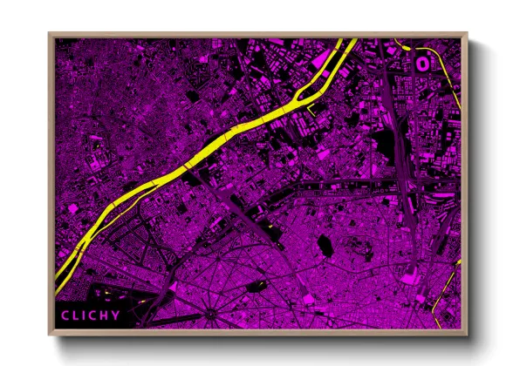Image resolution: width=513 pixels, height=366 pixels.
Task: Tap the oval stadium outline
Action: coord(422,62)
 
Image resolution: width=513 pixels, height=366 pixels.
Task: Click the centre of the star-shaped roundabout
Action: coord(210,314)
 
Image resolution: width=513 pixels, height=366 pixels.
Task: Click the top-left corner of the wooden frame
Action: coord(50,34)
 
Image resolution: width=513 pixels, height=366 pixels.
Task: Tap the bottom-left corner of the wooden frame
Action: coord(50,334)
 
